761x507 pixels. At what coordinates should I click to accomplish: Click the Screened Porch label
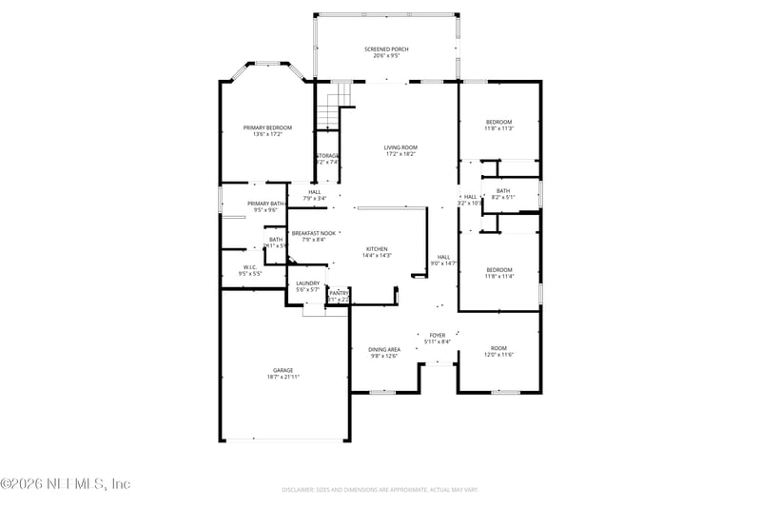(x=386, y=49)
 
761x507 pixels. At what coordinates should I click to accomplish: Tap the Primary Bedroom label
(x=267, y=127)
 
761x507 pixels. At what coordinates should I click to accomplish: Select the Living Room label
(x=400, y=147)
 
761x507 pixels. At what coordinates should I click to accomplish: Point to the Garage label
(x=283, y=370)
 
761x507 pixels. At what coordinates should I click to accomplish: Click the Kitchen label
(x=378, y=249)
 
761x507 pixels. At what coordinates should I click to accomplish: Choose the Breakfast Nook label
(x=313, y=233)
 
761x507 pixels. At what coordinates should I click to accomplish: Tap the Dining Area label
(x=384, y=349)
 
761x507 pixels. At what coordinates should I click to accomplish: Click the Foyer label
(x=438, y=335)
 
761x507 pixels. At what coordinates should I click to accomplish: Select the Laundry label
(x=307, y=283)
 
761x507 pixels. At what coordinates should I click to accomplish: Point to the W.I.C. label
(x=251, y=267)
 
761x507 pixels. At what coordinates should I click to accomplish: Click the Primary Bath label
(x=265, y=204)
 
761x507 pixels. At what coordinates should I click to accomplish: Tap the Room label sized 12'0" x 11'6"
(x=499, y=348)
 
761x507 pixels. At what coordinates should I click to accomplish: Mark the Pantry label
(x=340, y=293)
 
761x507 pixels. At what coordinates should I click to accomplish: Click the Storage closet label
(x=327, y=155)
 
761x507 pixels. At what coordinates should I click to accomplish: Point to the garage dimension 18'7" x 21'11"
(x=283, y=377)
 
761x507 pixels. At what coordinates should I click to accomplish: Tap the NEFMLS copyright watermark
(x=65, y=484)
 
